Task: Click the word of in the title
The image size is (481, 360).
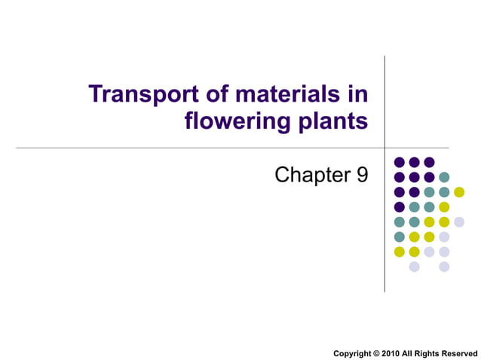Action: point(212,95)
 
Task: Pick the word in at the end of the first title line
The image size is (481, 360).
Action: point(359,95)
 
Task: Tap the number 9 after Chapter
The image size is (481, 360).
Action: point(362,175)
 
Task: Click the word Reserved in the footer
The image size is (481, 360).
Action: point(462,353)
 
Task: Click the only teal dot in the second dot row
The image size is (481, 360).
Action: point(444,177)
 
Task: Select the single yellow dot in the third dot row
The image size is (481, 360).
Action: point(459,192)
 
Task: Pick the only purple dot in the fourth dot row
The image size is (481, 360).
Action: point(399,207)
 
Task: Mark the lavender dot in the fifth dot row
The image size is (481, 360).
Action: point(459,221)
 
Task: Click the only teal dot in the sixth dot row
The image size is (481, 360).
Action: point(399,236)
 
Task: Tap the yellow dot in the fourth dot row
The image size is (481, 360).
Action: point(444,207)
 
